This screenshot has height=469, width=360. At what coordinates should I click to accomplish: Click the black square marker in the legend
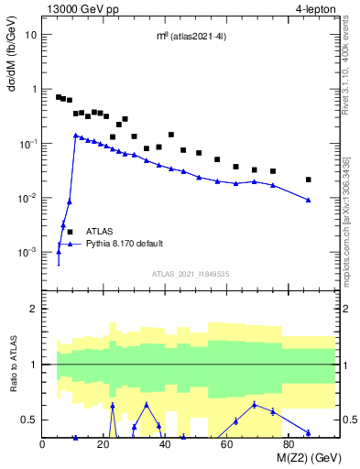71,233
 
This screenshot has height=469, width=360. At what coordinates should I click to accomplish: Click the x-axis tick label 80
288,445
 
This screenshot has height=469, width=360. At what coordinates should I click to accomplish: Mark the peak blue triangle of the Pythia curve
76,136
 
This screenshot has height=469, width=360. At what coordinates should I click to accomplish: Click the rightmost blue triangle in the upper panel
309,200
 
